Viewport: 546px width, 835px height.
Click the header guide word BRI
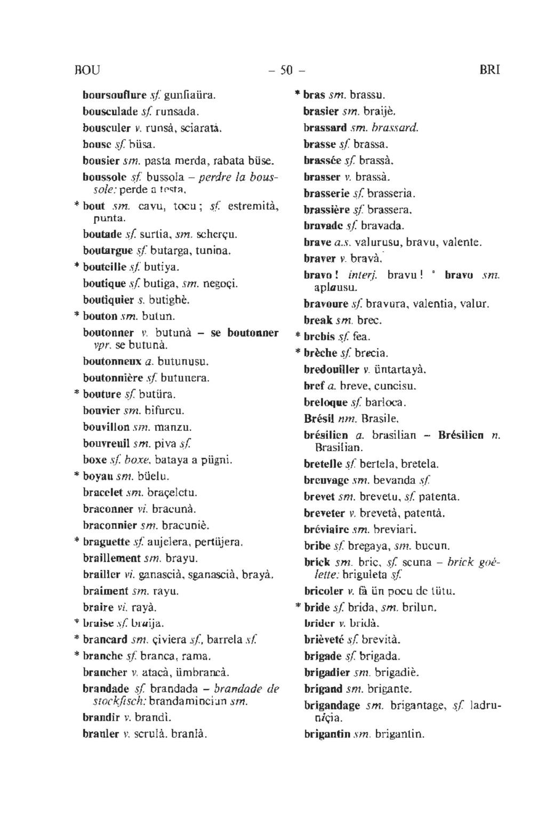490,70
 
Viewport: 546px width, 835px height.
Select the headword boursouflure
114,95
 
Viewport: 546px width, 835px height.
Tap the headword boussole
105,176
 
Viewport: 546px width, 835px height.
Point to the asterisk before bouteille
77,266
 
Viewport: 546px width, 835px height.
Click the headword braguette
106,542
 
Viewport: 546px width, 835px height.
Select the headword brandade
106,688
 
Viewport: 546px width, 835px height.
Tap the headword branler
101,734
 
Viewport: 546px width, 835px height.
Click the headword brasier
321,112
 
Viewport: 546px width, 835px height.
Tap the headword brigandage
332,705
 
